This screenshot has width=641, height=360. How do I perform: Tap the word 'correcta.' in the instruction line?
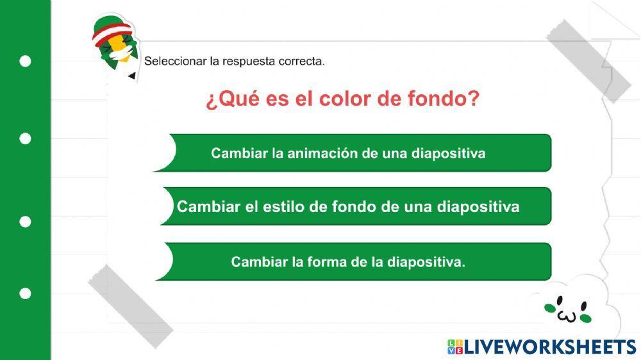pos(302,61)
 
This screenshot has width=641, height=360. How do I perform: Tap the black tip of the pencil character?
pos(131,76)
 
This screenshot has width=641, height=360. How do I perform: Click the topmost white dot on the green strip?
pos(25,61)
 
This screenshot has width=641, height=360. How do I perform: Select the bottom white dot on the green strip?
pos(25,293)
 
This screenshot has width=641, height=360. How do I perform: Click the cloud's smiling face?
pos(568,309)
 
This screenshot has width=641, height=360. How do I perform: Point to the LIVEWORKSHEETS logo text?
pos(550,347)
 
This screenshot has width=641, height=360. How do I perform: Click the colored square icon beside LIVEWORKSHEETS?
pos(454,347)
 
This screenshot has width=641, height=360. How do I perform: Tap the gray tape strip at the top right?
pos(588,61)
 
